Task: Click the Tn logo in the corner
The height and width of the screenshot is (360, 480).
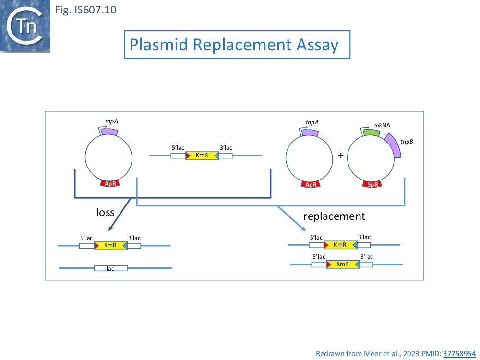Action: tap(25, 26)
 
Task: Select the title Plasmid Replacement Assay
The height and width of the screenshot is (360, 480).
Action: tap(234, 45)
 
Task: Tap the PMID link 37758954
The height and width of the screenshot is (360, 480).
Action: tap(459, 354)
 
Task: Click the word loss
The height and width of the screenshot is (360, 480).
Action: tap(105, 212)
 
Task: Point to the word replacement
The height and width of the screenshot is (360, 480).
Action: tap(334, 216)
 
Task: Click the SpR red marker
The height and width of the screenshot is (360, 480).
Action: tap(372, 184)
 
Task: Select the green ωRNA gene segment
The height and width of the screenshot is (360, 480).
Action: tap(372, 132)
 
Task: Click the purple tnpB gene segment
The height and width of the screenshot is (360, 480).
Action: tap(394, 145)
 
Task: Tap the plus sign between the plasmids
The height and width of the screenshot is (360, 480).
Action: tap(341, 156)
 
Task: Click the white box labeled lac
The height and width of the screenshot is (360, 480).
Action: tap(110, 268)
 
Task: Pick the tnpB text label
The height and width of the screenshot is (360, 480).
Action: tap(407, 142)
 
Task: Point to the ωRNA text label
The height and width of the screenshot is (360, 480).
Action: tap(383, 125)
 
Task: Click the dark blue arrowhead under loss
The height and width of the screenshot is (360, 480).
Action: tap(111, 228)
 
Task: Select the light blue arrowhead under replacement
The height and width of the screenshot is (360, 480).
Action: tap(303, 228)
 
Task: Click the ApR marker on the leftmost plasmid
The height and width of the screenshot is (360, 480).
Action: tap(110, 183)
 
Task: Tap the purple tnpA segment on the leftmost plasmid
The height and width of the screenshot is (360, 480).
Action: tap(109, 132)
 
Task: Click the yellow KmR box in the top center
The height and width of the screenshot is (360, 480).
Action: tap(202, 156)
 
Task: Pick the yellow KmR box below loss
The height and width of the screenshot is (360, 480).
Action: tap(110, 245)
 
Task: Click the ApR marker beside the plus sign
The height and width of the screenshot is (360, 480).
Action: tap(311, 184)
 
